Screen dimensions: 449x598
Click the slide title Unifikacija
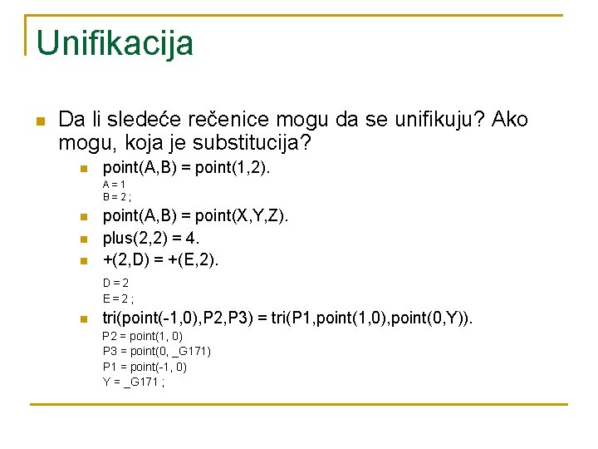[x=115, y=43]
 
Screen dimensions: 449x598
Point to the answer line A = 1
[x=114, y=184]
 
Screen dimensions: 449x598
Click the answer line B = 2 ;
[x=117, y=197]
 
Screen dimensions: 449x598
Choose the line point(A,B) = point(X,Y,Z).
[x=195, y=216]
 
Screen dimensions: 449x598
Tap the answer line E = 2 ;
[x=118, y=298]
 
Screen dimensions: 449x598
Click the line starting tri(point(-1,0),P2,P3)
[x=287, y=318]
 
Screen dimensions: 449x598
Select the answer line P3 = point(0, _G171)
[x=156, y=351]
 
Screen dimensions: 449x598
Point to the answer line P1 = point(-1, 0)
[x=145, y=366]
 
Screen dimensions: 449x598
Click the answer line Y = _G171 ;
[x=134, y=381]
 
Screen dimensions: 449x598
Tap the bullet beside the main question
[x=40, y=121]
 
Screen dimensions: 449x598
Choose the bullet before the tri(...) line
[x=83, y=318]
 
